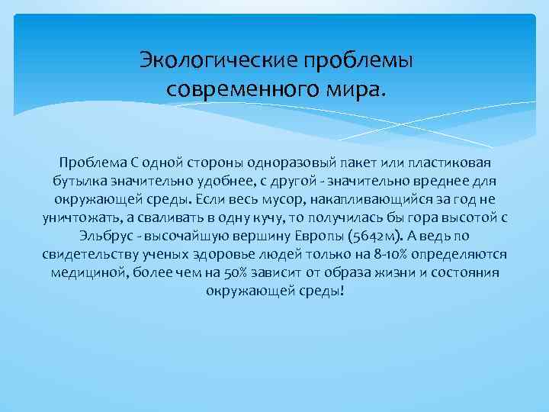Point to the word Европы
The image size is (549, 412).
[x=384, y=236]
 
